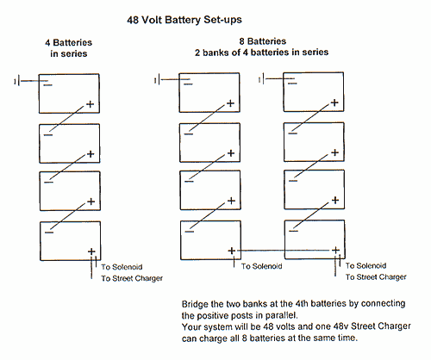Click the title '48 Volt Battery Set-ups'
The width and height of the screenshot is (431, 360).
click(x=184, y=20)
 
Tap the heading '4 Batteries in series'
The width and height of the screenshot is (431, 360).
click(x=69, y=48)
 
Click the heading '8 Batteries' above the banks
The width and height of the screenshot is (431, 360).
click(x=263, y=41)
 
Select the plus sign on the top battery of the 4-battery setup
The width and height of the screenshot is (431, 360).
click(x=91, y=104)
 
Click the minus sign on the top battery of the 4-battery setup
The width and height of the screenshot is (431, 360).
click(x=48, y=85)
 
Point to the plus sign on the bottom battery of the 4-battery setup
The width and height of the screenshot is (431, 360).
click(x=91, y=251)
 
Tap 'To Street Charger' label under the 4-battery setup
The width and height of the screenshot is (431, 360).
click(x=132, y=278)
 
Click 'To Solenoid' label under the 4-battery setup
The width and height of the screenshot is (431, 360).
click(x=122, y=267)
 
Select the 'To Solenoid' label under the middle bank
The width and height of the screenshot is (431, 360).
click(x=261, y=266)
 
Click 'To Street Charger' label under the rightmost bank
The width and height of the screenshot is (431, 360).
click(x=376, y=277)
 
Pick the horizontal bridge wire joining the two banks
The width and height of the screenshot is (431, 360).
click(x=284, y=251)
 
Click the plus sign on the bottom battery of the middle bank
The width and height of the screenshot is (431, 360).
click(x=232, y=251)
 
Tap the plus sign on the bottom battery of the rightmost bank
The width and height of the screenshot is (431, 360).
click(x=335, y=251)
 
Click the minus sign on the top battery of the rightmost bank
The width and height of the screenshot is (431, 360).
click(x=292, y=84)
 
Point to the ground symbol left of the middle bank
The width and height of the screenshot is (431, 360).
click(x=157, y=79)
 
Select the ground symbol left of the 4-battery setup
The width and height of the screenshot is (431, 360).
click(x=16, y=81)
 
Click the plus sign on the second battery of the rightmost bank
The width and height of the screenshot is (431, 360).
click(x=335, y=152)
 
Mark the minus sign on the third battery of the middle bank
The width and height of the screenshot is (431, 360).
click(x=189, y=182)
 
